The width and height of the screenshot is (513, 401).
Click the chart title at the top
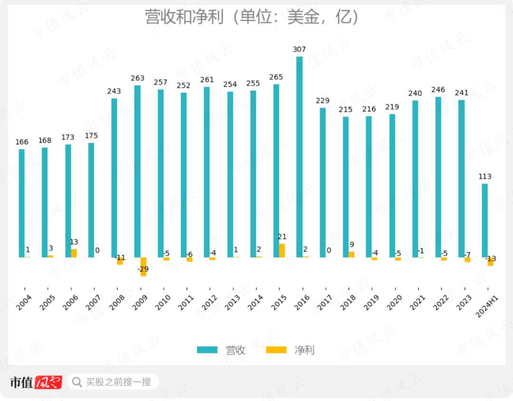tap(252, 18)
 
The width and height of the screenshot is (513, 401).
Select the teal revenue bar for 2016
tap(299, 157)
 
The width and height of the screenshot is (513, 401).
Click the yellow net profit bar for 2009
tap(143, 266)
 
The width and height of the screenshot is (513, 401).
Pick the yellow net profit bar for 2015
tap(282, 251)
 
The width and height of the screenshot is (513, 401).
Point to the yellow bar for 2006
tap(74, 253)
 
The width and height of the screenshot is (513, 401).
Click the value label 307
tap(299, 49)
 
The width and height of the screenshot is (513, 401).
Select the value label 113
tap(484, 177)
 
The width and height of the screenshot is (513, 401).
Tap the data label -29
tap(142, 270)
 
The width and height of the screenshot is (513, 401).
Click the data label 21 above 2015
tap(282, 237)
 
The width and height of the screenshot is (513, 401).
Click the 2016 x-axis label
tap(302, 303)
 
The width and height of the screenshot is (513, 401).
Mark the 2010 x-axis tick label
tap(163, 303)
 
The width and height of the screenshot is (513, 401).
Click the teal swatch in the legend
tap(207, 350)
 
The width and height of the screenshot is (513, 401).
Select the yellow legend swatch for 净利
tap(276, 350)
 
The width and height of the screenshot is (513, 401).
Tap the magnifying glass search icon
tap(77, 381)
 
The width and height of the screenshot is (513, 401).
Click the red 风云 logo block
tap(48, 382)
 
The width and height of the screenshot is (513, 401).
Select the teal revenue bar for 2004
tap(22, 203)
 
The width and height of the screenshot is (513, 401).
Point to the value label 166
tap(22, 142)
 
